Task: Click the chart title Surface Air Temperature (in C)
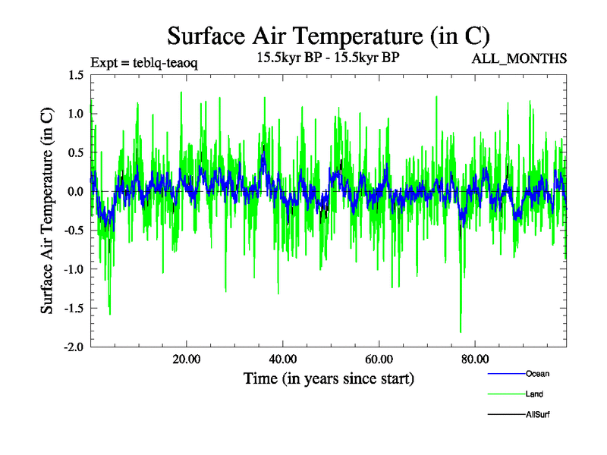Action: coord(328,36)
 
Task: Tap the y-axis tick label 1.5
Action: coord(75,75)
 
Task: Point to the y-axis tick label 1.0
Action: coord(75,114)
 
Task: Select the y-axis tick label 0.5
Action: coord(75,152)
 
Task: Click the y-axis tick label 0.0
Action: coord(75,191)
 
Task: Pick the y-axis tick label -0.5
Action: coord(73,231)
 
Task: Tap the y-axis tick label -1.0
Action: coord(73,269)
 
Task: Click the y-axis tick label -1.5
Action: coord(73,308)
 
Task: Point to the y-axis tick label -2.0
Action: coord(73,347)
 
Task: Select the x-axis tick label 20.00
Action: coord(186,359)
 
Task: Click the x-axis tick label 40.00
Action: coord(282,359)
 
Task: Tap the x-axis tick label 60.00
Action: coord(379,359)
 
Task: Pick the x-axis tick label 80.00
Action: coord(475,359)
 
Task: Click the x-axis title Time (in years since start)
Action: coord(329,378)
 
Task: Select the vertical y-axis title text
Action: coord(47,211)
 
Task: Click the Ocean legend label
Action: coord(537,374)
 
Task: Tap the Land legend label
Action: coord(534,394)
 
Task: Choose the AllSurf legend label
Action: coord(536,415)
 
